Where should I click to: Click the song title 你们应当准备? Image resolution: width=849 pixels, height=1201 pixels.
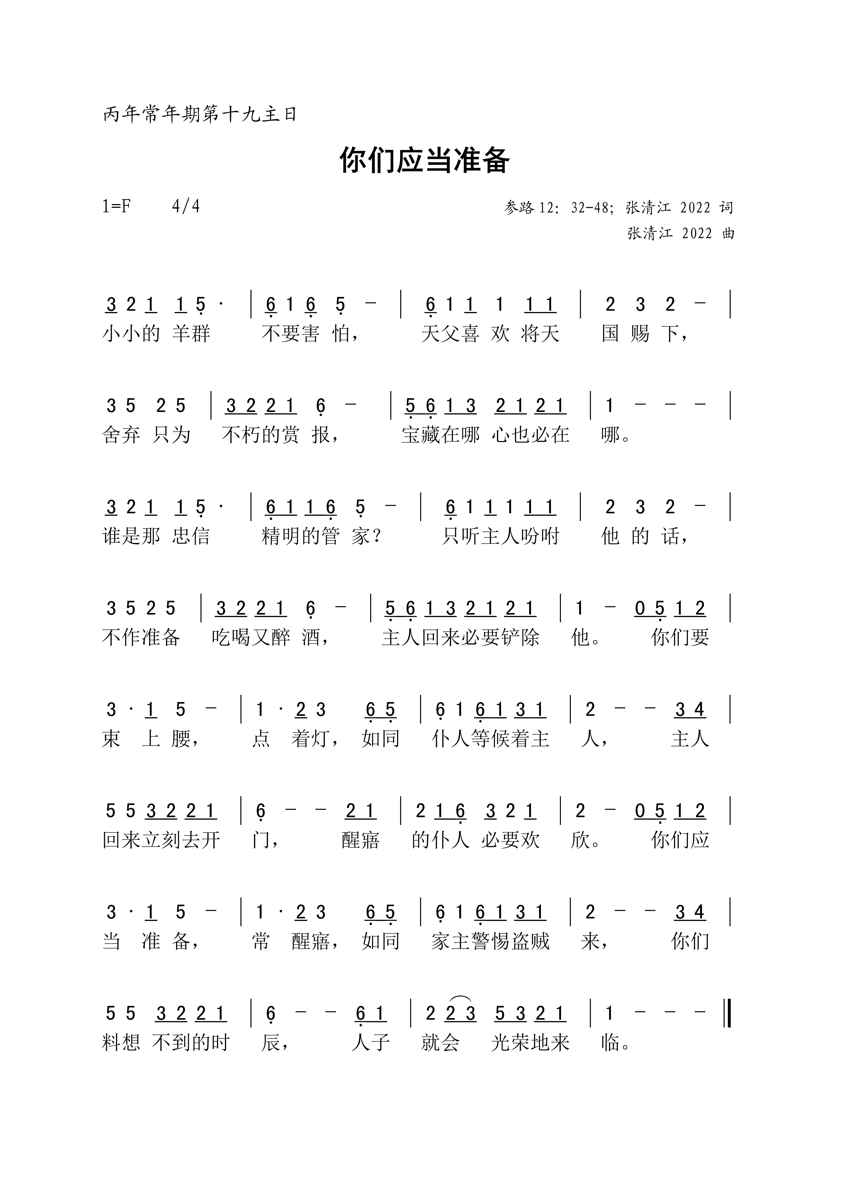click(x=424, y=160)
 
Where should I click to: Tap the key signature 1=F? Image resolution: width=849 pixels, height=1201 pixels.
click(x=116, y=207)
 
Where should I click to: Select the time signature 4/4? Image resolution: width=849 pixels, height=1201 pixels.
click(x=186, y=207)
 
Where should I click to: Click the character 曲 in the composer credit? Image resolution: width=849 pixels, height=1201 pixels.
click(x=728, y=233)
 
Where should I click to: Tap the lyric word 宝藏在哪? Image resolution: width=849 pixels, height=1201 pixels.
click(x=440, y=435)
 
